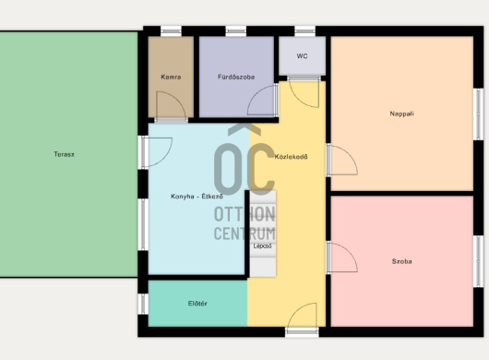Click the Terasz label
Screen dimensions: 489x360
coord(64,154)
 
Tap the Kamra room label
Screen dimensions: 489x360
coord(171,77)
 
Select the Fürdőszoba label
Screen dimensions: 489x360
coord(236,77)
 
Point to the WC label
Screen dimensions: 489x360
coord(302,56)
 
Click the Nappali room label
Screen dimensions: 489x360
coord(401,114)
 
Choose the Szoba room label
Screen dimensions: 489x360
coord(401,261)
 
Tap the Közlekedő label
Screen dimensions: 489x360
coord(291,157)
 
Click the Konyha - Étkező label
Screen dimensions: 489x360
coord(197,197)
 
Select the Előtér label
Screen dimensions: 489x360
coord(197,303)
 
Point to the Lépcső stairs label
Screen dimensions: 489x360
coord(262,246)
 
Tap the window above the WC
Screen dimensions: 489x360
coord(304,30)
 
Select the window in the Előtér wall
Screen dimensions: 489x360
coord(143,304)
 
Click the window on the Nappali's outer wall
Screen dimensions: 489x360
coord(478,114)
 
